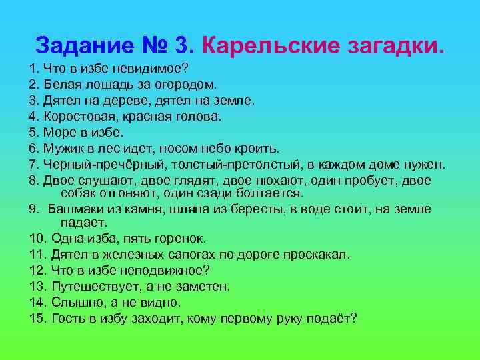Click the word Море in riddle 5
click(59, 132)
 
